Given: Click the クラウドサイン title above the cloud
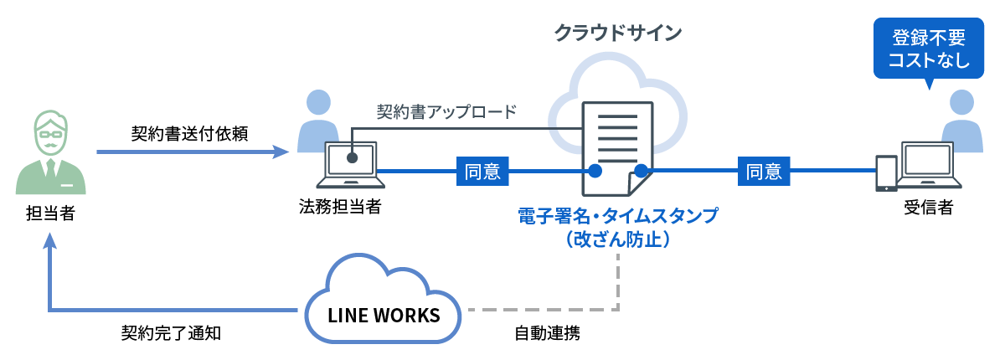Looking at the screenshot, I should click(618, 33).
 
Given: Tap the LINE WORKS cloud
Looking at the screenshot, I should click(384, 316).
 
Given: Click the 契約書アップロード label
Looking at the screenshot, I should click(446, 111).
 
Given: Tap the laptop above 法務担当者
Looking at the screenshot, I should click(351, 165).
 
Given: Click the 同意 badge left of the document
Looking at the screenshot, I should click(482, 172).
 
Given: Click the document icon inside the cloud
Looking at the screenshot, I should click(617, 147).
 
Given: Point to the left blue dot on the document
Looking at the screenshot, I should click(595, 172).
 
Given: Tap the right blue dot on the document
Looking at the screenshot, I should click(641, 172).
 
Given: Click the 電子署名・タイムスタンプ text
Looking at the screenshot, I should click(618, 216).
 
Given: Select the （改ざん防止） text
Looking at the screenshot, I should click(618, 239).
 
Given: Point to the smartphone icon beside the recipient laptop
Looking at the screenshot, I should click(886, 173).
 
